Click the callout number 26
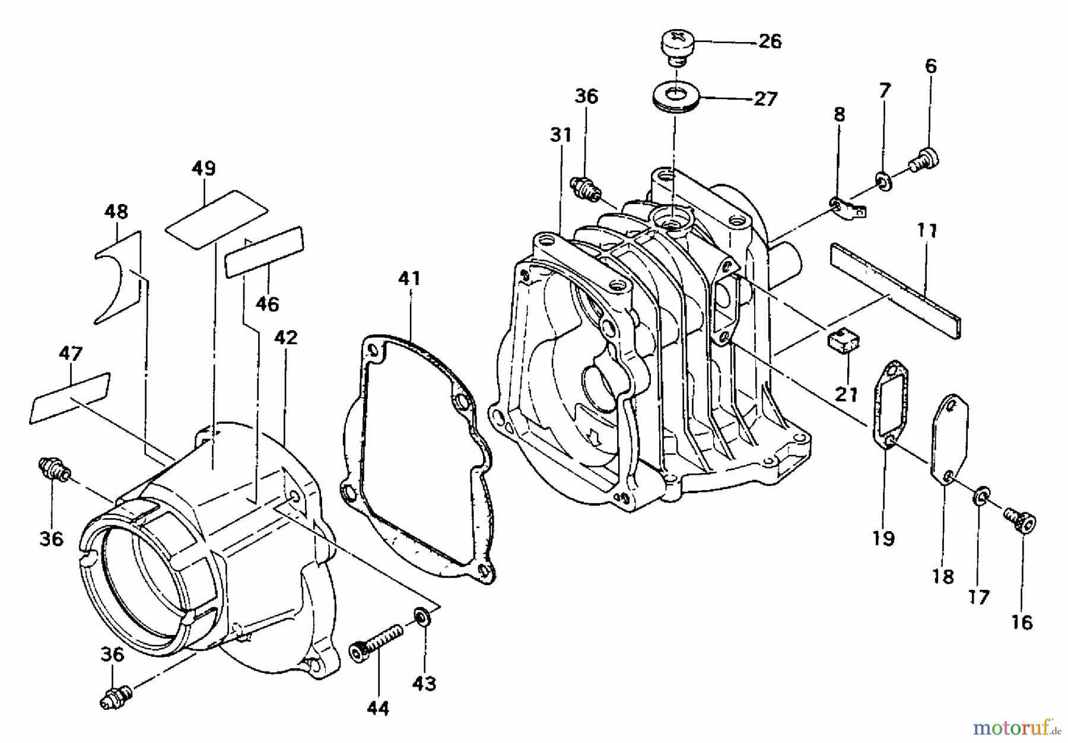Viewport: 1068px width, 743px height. pyautogui.click(x=770, y=42)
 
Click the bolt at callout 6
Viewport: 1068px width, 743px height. pyautogui.click(x=924, y=159)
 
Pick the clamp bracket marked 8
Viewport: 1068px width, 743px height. pyautogui.click(x=846, y=208)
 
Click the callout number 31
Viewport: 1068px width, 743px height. pyautogui.click(x=560, y=135)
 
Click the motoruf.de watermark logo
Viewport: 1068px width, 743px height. pyautogui.click(x=1016, y=726)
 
